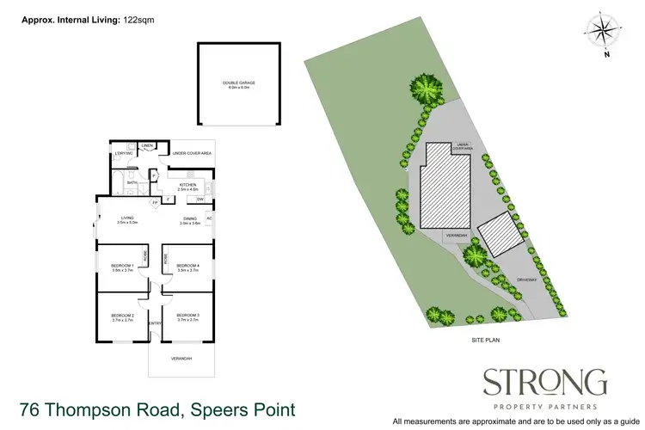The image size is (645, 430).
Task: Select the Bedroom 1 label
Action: click(121, 267)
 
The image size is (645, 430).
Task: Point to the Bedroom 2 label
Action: click(122, 317)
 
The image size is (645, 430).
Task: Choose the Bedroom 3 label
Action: click(187, 317)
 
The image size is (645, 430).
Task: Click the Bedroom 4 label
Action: click(187, 267)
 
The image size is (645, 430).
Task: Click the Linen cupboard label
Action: click(147, 146)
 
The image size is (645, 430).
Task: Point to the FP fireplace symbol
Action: click(155, 203)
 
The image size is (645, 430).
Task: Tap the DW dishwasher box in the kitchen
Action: click(200, 200)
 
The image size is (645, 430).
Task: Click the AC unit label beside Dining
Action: click(209, 218)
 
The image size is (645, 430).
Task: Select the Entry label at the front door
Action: click(156, 323)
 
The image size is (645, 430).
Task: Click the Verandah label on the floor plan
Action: click(181, 359)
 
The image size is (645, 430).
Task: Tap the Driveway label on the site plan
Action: click(526, 280)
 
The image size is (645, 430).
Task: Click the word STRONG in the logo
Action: click(544, 381)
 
